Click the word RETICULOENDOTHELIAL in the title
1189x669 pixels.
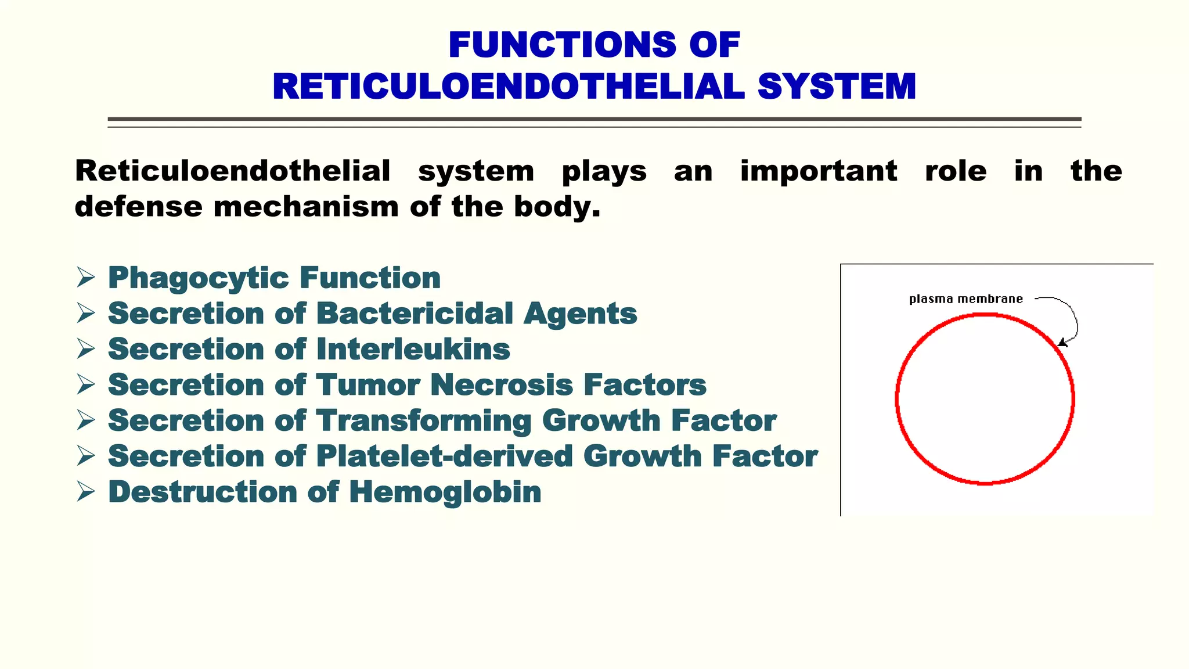point(509,87)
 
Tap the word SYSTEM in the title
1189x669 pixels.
point(837,87)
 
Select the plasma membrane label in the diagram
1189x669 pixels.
point(965,299)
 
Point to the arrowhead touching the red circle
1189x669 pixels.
point(1061,343)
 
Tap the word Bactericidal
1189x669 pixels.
point(415,314)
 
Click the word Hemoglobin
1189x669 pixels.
point(445,492)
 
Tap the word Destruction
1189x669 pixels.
point(203,492)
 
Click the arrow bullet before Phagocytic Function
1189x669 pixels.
point(86,278)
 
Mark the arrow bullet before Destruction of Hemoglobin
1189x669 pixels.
point(86,492)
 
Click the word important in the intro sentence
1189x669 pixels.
point(819,171)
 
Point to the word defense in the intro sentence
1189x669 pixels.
point(138,207)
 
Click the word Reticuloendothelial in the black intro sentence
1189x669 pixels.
point(232,171)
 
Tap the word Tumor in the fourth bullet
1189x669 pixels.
point(368,385)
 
